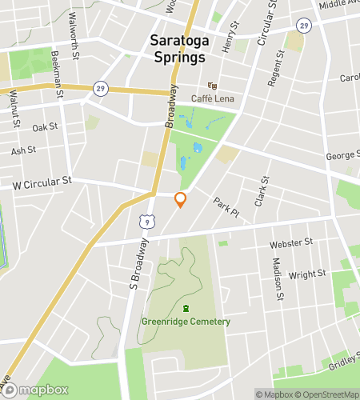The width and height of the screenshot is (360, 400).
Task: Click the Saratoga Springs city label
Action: (178, 49)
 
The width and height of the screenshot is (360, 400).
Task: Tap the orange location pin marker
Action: (181, 200)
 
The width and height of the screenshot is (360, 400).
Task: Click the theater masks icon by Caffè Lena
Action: (213, 85)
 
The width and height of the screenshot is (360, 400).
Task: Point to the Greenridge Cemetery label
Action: (186, 322)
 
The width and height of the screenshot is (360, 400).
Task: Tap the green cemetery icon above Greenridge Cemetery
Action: (186, 309)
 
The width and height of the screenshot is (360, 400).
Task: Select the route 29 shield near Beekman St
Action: (99, 87)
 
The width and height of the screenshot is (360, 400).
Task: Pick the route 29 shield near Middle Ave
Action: (303, 25)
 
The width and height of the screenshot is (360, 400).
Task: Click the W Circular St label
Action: (42, 182)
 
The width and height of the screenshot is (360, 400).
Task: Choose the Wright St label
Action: (307, 274)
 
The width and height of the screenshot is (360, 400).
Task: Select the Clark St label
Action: (262, 192)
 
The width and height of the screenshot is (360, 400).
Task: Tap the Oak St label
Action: (45, 127)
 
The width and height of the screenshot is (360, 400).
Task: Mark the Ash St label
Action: (23, 150)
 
